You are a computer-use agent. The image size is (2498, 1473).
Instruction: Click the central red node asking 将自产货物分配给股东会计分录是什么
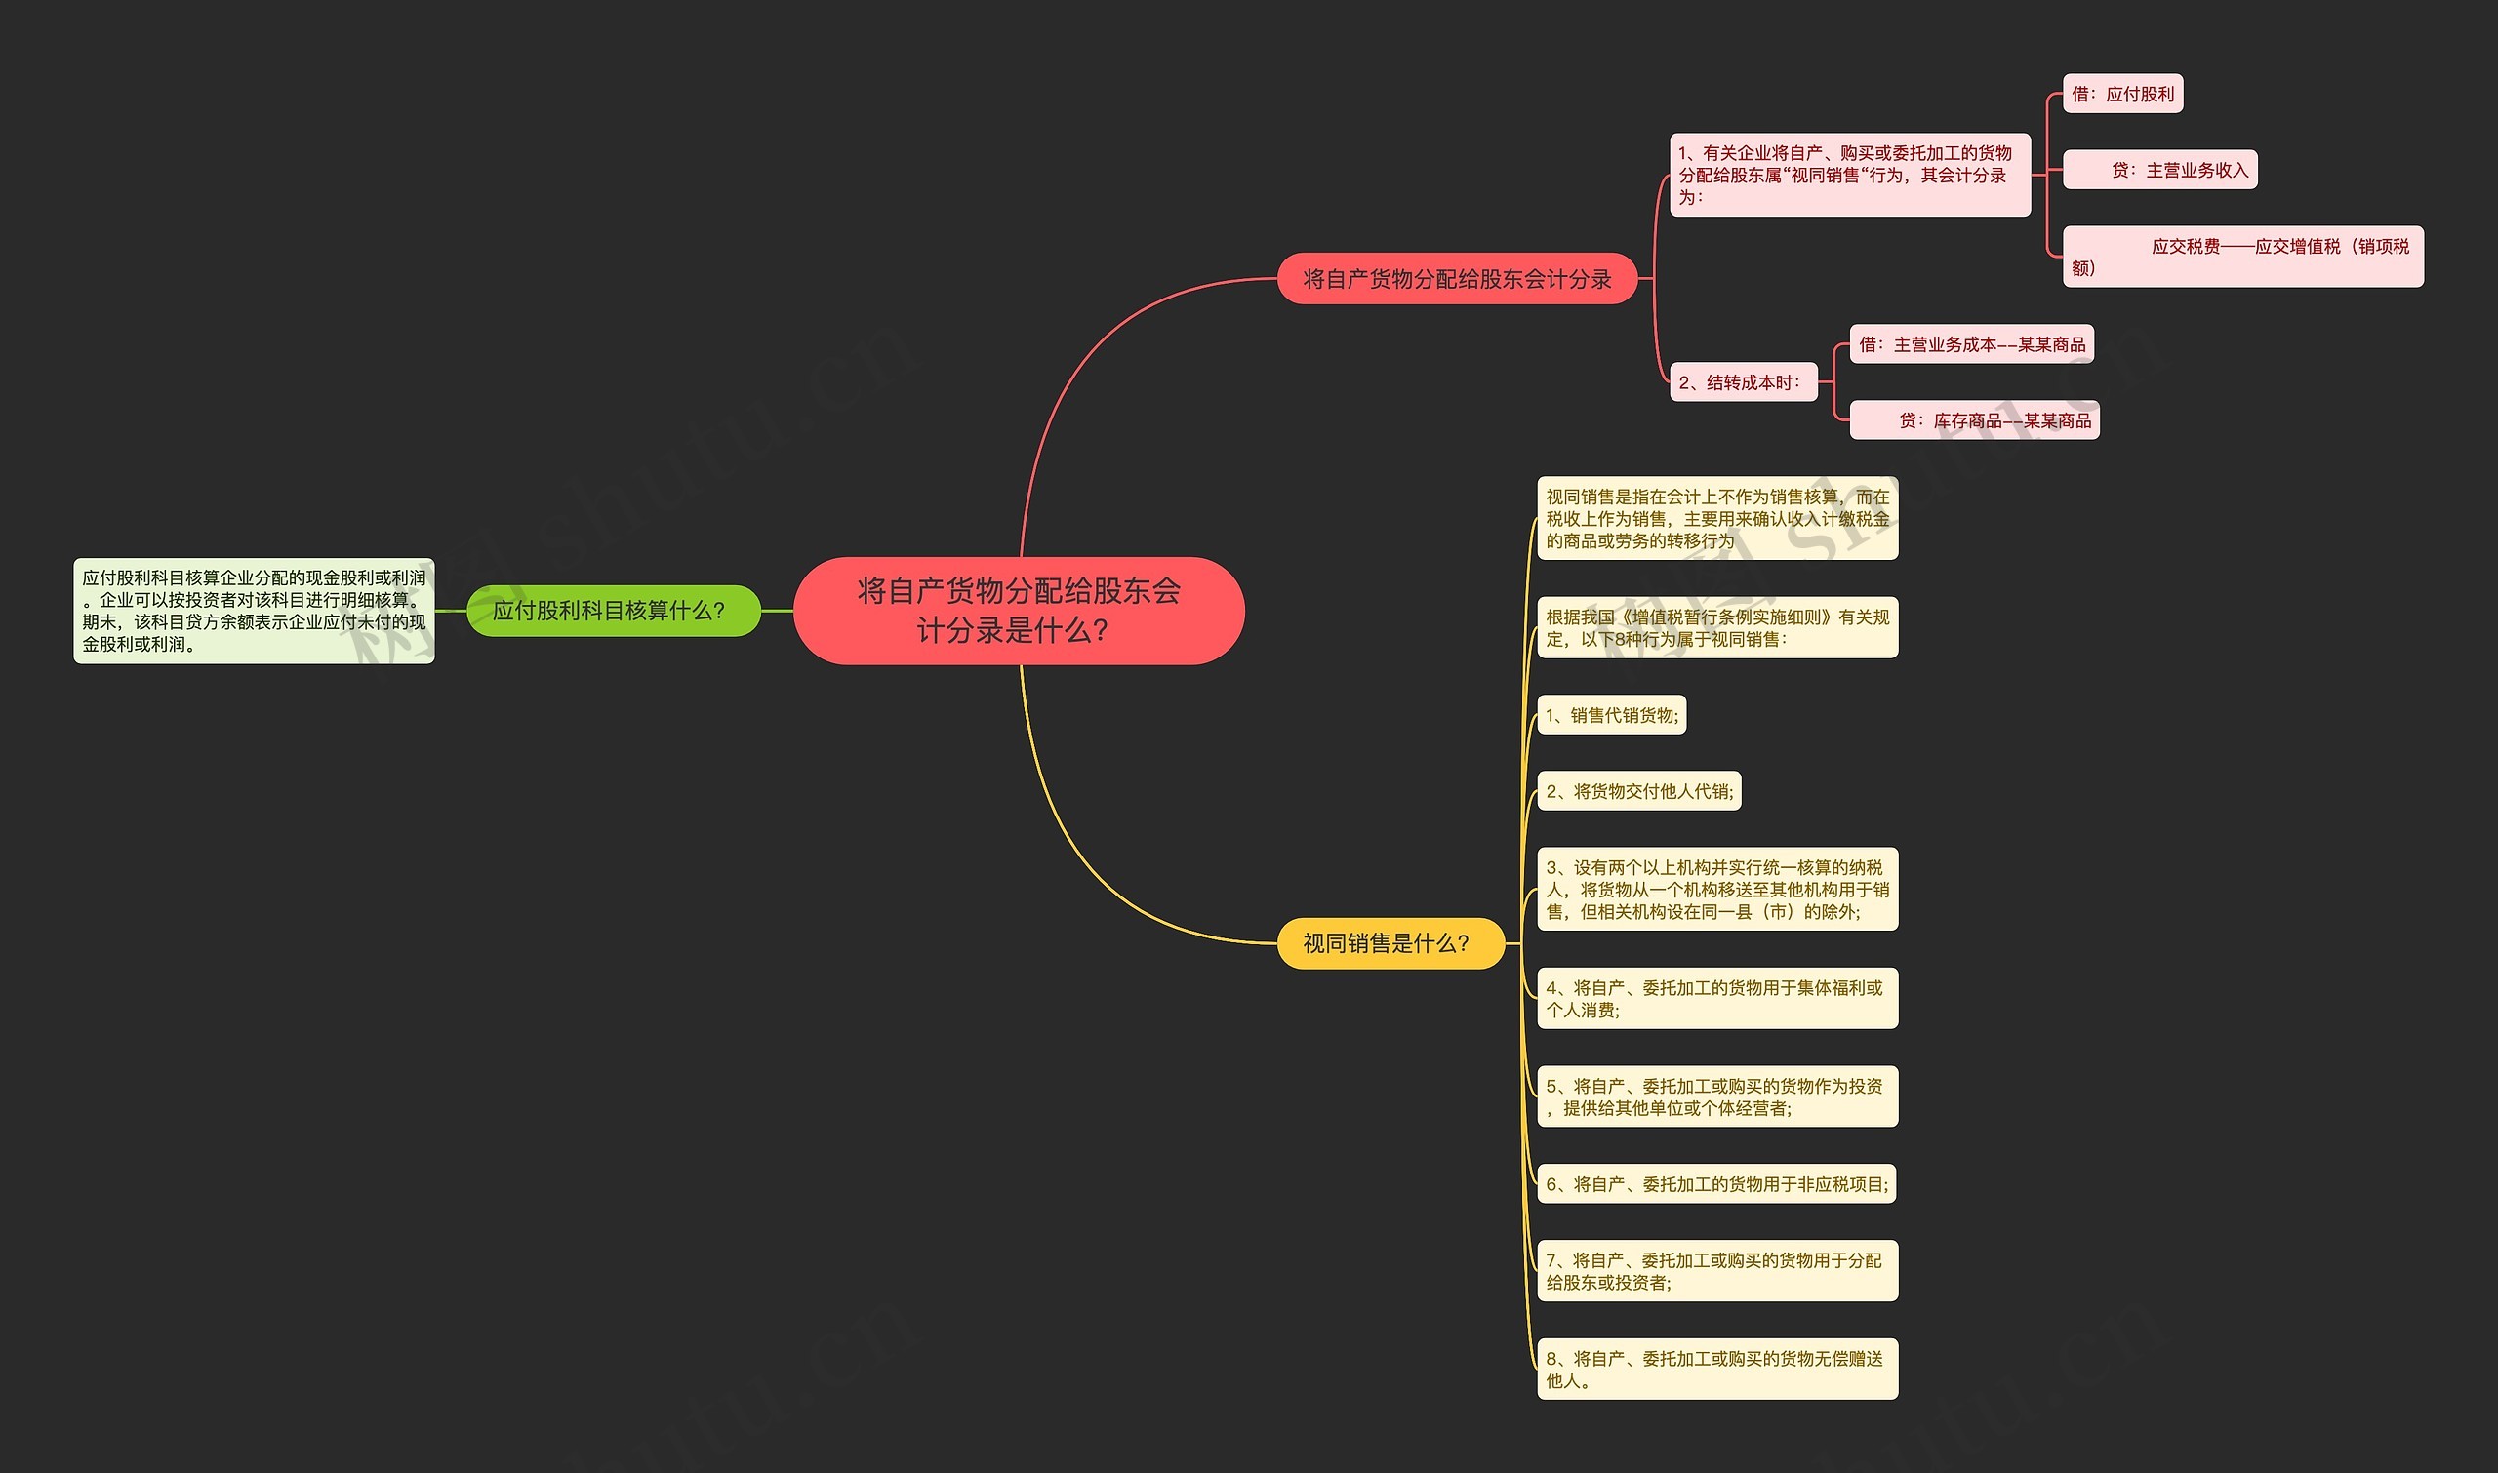click(1019, 611)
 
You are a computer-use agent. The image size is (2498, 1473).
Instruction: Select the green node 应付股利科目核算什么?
click(614, 611)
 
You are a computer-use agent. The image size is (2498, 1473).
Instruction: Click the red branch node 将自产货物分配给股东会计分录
click(1457, 279)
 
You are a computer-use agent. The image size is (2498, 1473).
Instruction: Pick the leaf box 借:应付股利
click(2122, 95)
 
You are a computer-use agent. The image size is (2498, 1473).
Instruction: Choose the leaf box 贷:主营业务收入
click(2160, 170)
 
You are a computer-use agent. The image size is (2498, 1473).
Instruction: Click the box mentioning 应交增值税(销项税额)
click(2243, 258)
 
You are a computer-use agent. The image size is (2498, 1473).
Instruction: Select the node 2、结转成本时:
click(1744, 382)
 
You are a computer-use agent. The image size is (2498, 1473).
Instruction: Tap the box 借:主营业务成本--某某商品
click(1972, 344)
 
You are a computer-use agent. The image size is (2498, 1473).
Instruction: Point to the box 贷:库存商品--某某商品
click(1975, 419)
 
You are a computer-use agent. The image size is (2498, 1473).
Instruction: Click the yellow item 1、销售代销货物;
click(1611, 715)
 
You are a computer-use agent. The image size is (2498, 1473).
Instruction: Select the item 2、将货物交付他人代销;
click(1639, 791)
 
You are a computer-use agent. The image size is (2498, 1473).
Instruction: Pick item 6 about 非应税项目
click(1716, 1184)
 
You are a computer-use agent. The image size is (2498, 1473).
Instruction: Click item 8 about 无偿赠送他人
click(1717, 1369)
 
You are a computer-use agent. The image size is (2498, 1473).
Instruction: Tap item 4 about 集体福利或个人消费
click(1717, 999)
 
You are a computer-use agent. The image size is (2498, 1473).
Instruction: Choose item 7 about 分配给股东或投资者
click(1717, 1270)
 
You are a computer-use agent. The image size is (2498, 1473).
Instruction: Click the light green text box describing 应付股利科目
click(254, 611)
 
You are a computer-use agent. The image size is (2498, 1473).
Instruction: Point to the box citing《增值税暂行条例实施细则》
click(1717, 627)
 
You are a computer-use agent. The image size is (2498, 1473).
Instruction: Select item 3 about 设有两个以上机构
click(1717, 890)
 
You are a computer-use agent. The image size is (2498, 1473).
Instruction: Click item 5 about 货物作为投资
click(1717, 1096)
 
